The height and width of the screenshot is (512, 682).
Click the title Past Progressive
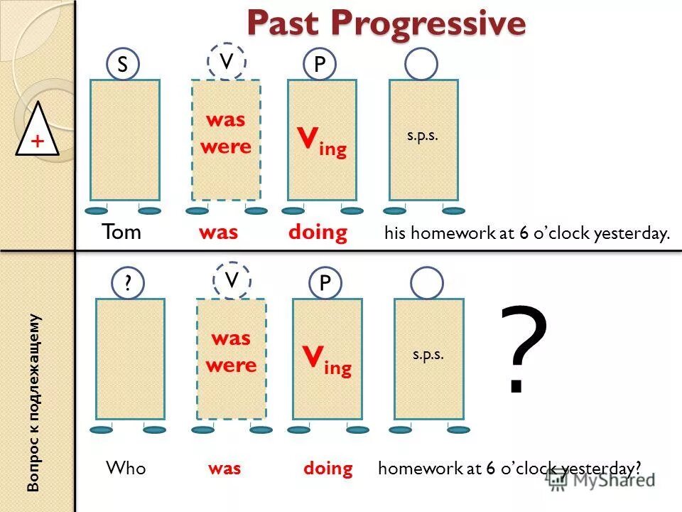coord(386,23)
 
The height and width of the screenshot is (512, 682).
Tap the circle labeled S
coord(123,65)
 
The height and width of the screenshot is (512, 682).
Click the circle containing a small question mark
coord(128,284)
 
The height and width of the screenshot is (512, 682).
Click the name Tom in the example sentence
coord(122,233)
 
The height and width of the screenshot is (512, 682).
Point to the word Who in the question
coord(126,468)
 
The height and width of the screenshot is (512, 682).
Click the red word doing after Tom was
coord(318,233)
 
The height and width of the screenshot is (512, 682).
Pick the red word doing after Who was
coord(328,468)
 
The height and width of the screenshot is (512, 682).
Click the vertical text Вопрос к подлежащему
coord(34,402)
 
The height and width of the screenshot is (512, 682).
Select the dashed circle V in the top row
coord(227,62)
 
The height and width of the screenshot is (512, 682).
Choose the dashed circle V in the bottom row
coord(231,279)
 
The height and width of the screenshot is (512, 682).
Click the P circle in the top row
coord(320,65)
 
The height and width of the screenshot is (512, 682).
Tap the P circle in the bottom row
coord(325,284)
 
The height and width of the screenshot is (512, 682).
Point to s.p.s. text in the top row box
coord(423,135)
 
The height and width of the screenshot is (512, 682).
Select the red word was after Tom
coord(219,233)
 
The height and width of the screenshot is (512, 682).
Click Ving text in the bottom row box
coord(325,360)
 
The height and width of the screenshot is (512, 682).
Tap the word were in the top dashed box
coord(226,147)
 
